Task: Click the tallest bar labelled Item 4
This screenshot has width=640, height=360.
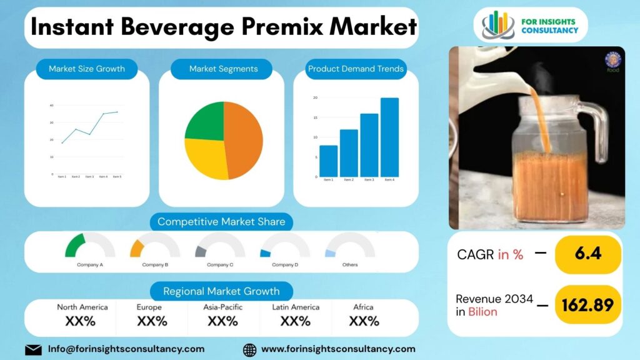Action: [389, 137]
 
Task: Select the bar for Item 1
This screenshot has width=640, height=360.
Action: [328, 161]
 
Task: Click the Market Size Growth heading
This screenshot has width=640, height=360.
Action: [87, 69]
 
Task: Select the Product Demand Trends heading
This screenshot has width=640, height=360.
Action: [356, 69]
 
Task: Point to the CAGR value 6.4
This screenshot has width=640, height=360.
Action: [588, 254]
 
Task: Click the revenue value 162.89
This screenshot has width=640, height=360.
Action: [588, 304]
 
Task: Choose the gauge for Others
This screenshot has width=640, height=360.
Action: [350, 247]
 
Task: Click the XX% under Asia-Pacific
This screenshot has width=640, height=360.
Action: [222, 321]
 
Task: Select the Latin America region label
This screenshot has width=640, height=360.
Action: [296, 307]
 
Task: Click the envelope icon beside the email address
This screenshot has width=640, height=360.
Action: [33, 349]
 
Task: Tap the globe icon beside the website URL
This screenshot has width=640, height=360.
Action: [249, 349]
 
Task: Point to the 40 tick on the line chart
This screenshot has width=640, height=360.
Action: [51, 106]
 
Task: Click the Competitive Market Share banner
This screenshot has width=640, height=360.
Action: [221, 222]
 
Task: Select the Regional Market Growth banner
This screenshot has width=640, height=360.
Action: [221, 291]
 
